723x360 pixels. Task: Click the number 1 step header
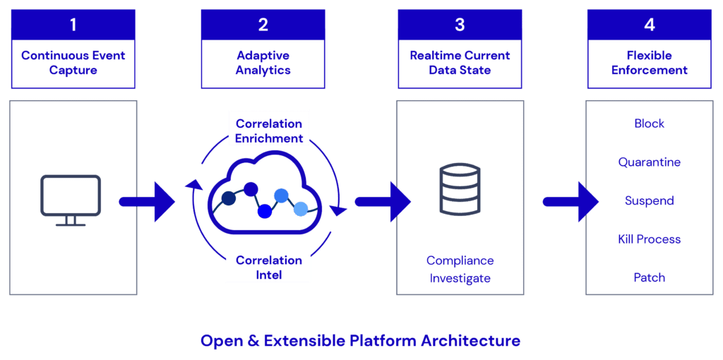tap(73, 25)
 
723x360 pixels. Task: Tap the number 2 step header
tap(263, 25)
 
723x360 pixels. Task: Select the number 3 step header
tap(460, 25)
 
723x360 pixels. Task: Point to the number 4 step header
tap(650, 25)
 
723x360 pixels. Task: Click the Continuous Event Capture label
tap(73, 63)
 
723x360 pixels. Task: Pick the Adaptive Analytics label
tap(263, 63)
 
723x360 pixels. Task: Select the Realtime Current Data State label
tap(460, 63)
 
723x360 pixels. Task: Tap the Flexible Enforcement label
tap(650, 63)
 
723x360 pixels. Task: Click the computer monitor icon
tap(71, 200)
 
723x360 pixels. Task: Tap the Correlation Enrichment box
tap(269, 131)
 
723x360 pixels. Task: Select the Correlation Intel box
tap(269, 267)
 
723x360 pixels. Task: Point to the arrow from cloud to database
tap(382, 202)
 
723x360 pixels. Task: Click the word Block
tap(650, 124)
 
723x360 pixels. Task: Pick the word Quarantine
tap(650, 162)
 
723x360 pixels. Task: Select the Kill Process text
tap(650, 239)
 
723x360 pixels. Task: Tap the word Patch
tap(650, 277)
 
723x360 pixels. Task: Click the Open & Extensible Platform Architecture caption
tap(360, 341)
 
